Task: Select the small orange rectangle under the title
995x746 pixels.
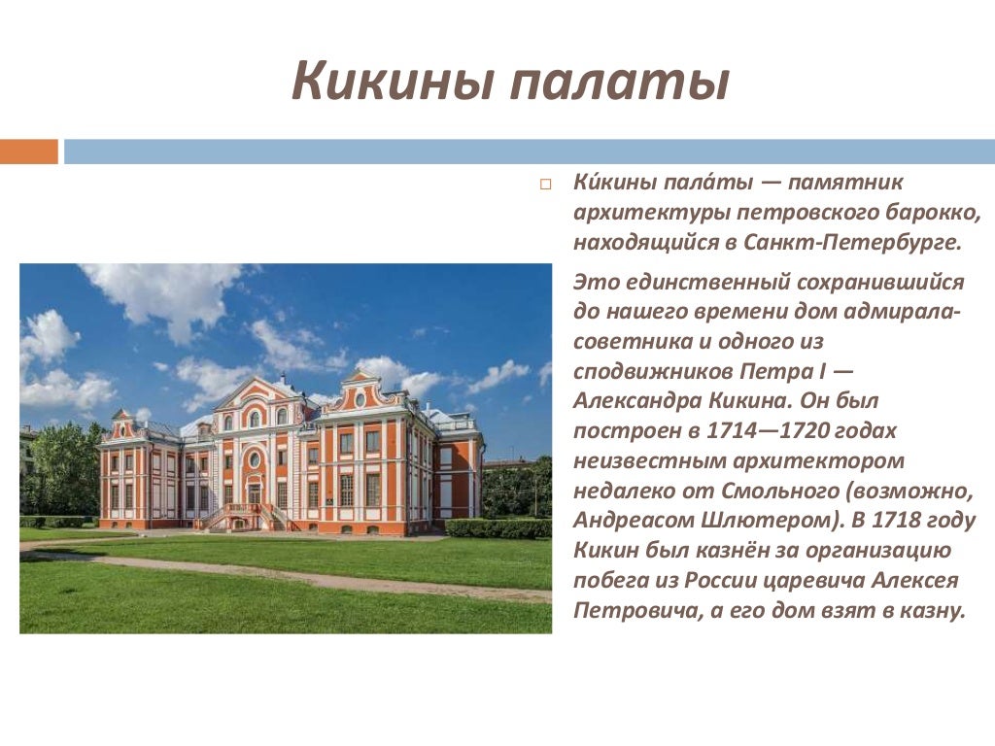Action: point(29,152)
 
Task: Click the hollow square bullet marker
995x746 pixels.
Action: point(545,185)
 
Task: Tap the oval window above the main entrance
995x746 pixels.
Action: point(254,458)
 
